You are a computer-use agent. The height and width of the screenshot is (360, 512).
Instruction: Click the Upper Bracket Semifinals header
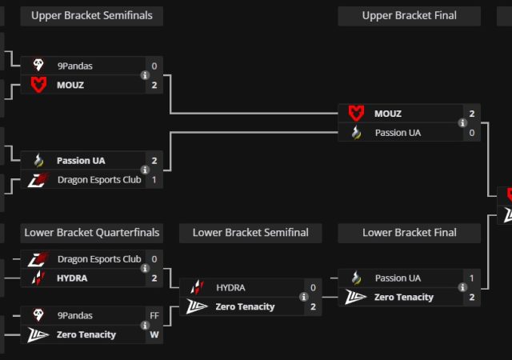[x=91, y=16]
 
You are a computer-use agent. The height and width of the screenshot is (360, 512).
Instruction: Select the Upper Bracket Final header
[x=409, y=16]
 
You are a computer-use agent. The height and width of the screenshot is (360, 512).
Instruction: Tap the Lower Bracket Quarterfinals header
[x=91, y=233]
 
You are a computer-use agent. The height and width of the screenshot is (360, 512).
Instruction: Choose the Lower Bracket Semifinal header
[x=250, y=233]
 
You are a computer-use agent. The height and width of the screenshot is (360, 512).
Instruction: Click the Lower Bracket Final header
[x=409, y=233]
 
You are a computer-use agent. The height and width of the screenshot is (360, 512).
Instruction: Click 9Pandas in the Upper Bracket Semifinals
[x=74, y=66]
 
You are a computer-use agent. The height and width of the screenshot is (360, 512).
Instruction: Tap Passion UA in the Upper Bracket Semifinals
[x=81, y=161]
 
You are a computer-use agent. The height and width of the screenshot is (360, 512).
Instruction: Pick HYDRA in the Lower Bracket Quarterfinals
[x=72, y=278]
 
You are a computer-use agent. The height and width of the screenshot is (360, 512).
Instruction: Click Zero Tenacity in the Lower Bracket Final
[x=404, y=297]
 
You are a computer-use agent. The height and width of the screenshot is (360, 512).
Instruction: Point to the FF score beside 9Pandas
[x=154, y=316]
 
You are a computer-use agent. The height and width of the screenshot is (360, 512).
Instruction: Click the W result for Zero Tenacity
[x=154, y=334]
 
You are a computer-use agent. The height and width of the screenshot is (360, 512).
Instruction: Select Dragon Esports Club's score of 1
[x=154, y=180]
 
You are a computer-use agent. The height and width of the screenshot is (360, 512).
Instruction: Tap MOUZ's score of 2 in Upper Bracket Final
[x=472, y=114]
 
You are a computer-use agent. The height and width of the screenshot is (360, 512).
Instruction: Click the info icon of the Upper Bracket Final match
[x=462, y=123]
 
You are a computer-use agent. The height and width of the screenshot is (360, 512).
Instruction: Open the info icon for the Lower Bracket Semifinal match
[x=304, y=297]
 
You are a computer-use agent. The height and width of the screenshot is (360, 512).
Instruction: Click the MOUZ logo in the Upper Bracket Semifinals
[x=38, y=85]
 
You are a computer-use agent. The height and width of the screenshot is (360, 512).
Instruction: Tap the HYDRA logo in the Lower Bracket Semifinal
[x=197, y=287]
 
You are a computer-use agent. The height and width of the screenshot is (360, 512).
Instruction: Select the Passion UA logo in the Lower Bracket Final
[x=356, y=278]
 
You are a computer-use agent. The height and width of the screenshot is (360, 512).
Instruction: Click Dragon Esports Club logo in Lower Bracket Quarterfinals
[x=38, y=259]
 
